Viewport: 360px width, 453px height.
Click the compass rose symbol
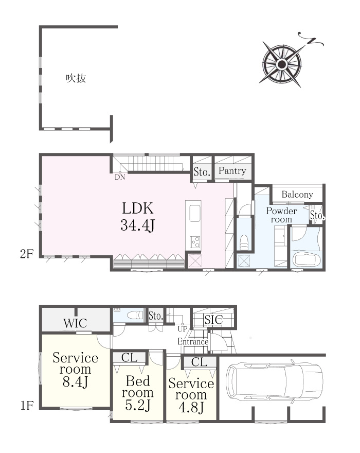(282, 64)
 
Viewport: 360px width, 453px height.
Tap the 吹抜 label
(76, 78)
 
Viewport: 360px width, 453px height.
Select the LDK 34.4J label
(138, 216)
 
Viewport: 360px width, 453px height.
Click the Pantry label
(232, 171)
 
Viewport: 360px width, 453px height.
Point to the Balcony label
(297, 195)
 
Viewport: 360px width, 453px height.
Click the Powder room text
(281, 215)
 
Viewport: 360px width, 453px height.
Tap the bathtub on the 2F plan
(307, 259)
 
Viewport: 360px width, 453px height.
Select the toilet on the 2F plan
(244, 242)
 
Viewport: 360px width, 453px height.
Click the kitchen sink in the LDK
(194, 213)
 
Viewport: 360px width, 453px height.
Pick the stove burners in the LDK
(194, 242)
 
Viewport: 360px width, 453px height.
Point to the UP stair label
(183, 329)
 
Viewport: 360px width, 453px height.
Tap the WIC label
(76, 323)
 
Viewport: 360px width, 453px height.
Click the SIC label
(213, 320)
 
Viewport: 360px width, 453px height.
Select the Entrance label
(193, 341)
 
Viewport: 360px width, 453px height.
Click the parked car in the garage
(274, 381)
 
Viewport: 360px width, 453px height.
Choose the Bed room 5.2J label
(138, 393)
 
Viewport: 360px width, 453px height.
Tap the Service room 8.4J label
(76, 370)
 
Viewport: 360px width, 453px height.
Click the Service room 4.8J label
(191, 395)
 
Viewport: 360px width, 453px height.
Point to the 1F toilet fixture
(136, 315)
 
